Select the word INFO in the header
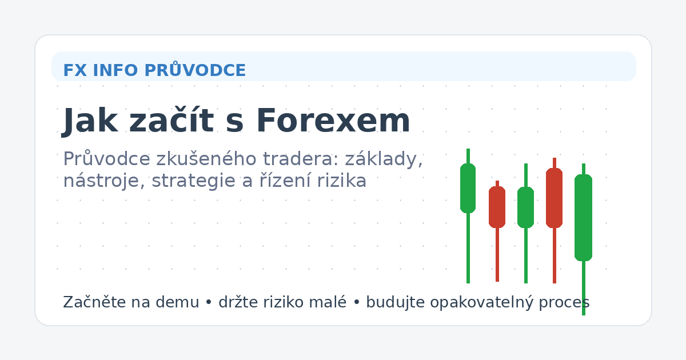point(115,70)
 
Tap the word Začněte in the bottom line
point(90,302)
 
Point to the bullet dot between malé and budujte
point(356,302)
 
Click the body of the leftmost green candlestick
point(468,188)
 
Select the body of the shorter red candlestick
point(497,207)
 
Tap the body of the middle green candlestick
point(525,207)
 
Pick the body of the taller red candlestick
point(554,198)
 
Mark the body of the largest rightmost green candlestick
point(583,217)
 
